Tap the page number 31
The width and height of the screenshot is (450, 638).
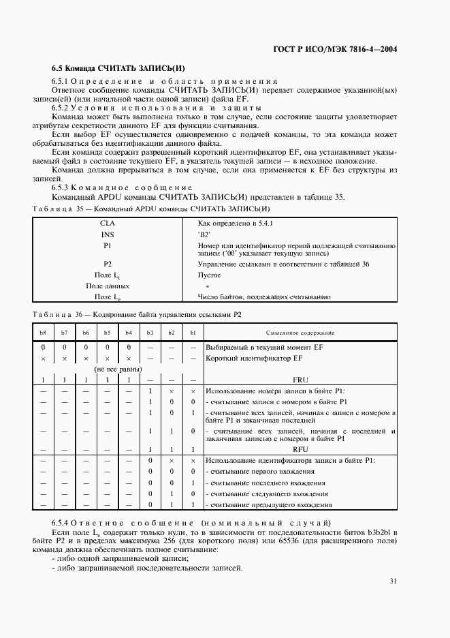(x=393, y=581)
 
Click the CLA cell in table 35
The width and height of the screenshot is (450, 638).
(x=108, y=223)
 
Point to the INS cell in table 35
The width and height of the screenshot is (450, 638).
(x=108, y=234)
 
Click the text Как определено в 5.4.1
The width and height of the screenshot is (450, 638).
(x=235, y=223)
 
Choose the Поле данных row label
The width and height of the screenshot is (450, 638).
(x=108, y=286)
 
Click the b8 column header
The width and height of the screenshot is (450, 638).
(x=42, y=332)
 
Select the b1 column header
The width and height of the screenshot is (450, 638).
(x=193, y=332)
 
